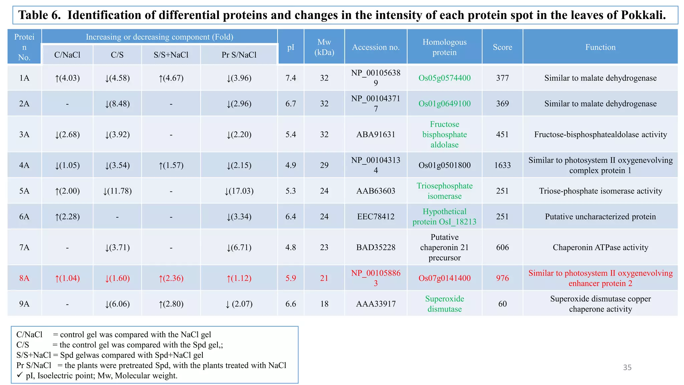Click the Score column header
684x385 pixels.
[502, 47]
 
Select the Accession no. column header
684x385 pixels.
[376, 47]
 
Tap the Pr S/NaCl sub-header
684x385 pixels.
[239, 55]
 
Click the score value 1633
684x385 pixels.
[502, 165]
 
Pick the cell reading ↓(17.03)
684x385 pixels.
[239, 191]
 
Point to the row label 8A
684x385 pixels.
[24, 278]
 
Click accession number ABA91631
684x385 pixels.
[376, 134]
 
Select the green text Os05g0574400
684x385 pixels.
[445, 78]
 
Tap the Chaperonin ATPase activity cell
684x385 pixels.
[600, 247]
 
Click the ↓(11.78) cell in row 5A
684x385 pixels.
[117, 191]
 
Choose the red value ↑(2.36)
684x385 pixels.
[171, 278]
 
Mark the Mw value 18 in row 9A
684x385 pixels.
[324, 304]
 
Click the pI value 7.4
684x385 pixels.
[291, 78]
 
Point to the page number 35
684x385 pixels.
[627, 367]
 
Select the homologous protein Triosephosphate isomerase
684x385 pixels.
[445, 191]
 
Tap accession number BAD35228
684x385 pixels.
[376, 247]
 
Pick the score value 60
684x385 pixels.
[502, 304]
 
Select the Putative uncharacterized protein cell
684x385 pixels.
[600, 217]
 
